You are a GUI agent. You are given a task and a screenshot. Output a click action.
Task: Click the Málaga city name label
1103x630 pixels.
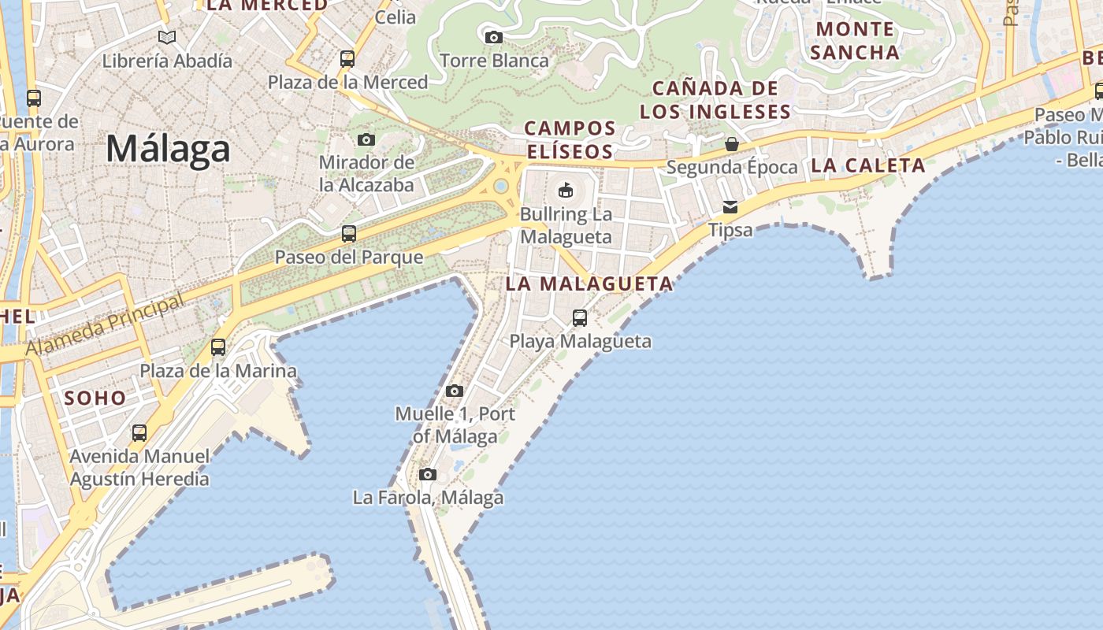[168, 149]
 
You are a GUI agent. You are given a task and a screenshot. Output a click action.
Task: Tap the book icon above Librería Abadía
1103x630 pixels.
[167, 37]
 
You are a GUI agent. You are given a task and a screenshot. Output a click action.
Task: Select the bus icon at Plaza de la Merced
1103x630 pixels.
[347, 58]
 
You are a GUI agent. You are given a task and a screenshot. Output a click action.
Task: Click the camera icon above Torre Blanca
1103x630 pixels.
[493, 37]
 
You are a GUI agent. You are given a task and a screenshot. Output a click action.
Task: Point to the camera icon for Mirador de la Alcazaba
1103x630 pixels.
[366, 139]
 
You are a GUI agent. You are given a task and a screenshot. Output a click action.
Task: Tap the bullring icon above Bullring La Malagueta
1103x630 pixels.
[565, 190]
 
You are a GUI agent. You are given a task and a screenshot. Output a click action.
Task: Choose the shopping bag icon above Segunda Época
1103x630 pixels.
[732, 144]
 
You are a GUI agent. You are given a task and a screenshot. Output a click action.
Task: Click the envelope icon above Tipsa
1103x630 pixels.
[730, 207]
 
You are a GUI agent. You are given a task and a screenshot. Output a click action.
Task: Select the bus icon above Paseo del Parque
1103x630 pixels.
[348, 234]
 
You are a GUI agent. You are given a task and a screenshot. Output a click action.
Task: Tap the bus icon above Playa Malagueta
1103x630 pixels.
[580, 318]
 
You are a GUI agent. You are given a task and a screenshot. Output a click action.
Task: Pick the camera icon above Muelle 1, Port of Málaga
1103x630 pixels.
[454, 391]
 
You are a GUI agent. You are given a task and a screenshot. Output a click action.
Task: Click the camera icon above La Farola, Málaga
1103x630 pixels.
[428, 474]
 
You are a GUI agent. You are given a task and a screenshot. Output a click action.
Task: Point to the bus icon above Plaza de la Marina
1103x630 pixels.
[218, 347]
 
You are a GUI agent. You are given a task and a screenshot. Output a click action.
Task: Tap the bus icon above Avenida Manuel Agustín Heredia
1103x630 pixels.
[139, 433]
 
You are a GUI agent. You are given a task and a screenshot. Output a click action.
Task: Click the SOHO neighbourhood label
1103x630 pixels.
[95, 398]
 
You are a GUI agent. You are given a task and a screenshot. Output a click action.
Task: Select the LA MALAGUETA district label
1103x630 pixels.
[589, 284]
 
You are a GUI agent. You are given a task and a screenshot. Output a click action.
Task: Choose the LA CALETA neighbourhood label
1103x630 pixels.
[868, 165]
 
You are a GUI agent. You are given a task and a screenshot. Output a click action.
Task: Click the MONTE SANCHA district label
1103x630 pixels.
[855, 41]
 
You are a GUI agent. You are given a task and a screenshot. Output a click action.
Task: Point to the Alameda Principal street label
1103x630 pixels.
[105, 324]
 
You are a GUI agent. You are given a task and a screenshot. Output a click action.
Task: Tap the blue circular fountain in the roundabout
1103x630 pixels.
[500, 187]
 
